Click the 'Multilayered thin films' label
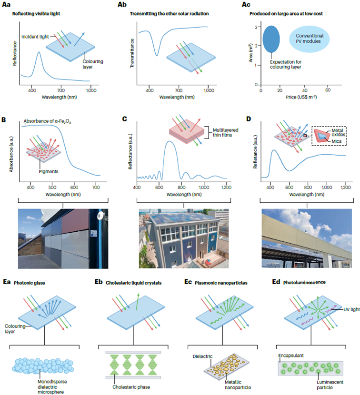coord(221,132)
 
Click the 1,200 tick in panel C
coord(227,187)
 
